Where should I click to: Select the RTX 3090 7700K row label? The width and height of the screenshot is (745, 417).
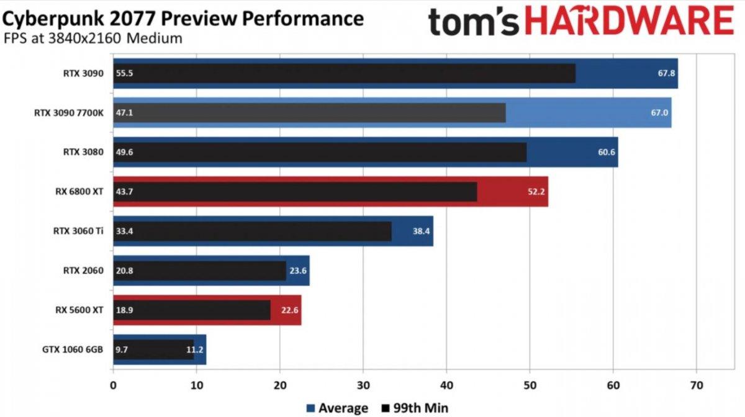(69, 113)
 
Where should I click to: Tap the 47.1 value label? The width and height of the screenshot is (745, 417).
(124, 113)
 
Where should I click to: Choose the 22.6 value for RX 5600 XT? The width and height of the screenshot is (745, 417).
(290, 310)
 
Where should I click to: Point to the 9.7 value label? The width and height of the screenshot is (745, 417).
(122, 349)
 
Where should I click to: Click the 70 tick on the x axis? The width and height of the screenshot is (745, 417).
(697, 385)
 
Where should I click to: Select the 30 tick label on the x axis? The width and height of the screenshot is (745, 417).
(363, 385)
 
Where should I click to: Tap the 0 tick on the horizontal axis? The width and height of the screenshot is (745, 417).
(113, 385)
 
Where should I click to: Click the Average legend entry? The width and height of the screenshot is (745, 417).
(337, 408)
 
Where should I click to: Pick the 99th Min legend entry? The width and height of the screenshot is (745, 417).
(414, 408)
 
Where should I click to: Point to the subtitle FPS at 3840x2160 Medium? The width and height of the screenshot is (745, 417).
(93, 38)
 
